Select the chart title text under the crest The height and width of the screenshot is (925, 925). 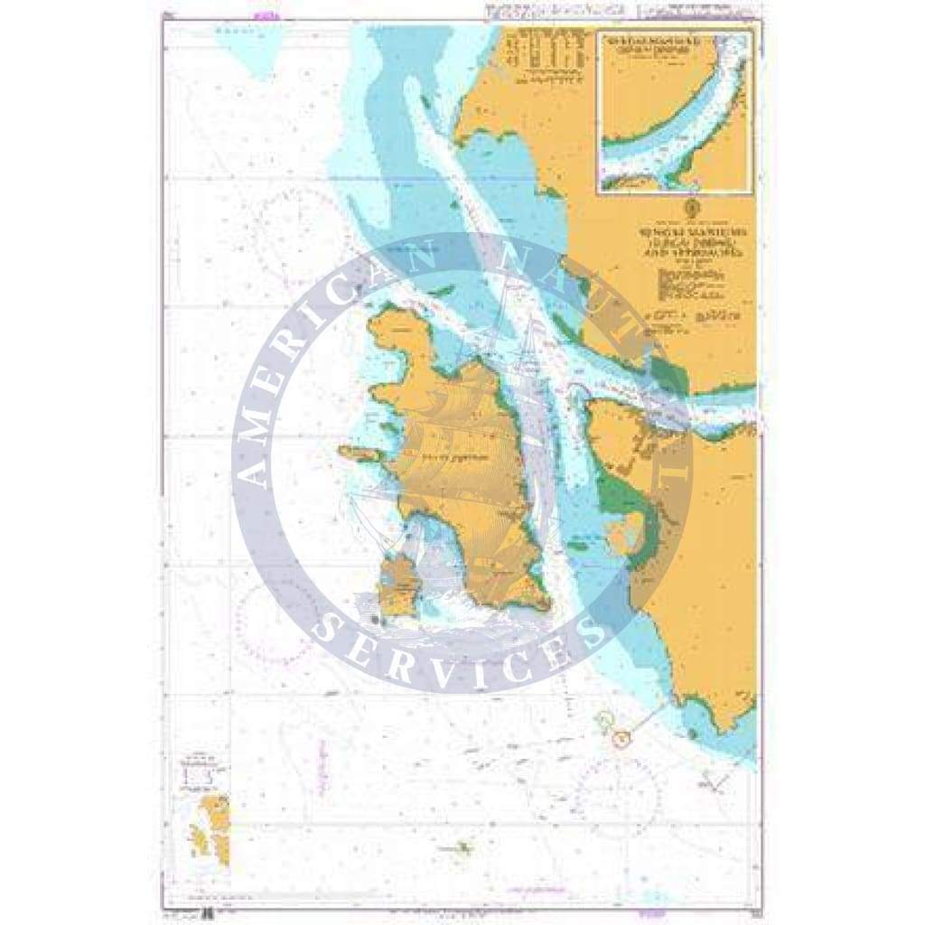693,242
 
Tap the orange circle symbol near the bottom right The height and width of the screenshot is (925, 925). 619,740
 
